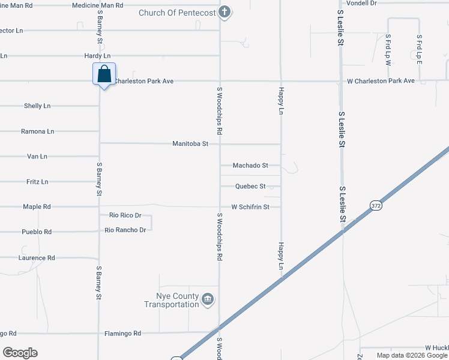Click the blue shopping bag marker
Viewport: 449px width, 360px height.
(104, 75)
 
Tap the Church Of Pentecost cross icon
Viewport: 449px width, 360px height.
(224, 12)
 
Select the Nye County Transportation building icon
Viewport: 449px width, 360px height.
(208, 299)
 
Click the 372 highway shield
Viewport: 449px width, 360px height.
(376, 205)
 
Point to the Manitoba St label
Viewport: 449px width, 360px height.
(190, 144)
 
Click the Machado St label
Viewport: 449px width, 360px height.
(250, 165)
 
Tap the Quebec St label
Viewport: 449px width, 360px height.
(250, 187)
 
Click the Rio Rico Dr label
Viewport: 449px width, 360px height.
(125, 215)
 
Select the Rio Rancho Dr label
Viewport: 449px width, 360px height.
(125, 230)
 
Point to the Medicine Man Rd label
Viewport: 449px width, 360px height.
(97, 5)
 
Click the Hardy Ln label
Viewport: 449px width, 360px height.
(97, 56)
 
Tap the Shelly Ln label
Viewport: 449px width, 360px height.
(37, 106)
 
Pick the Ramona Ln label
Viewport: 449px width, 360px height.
(37, 131)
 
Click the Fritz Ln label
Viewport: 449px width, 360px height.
(37, 182)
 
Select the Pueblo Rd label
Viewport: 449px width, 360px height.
(37, 232)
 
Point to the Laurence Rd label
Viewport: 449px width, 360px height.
(37, 258)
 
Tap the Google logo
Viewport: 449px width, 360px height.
(20, 353)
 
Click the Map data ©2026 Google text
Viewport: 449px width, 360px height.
(412, 355)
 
